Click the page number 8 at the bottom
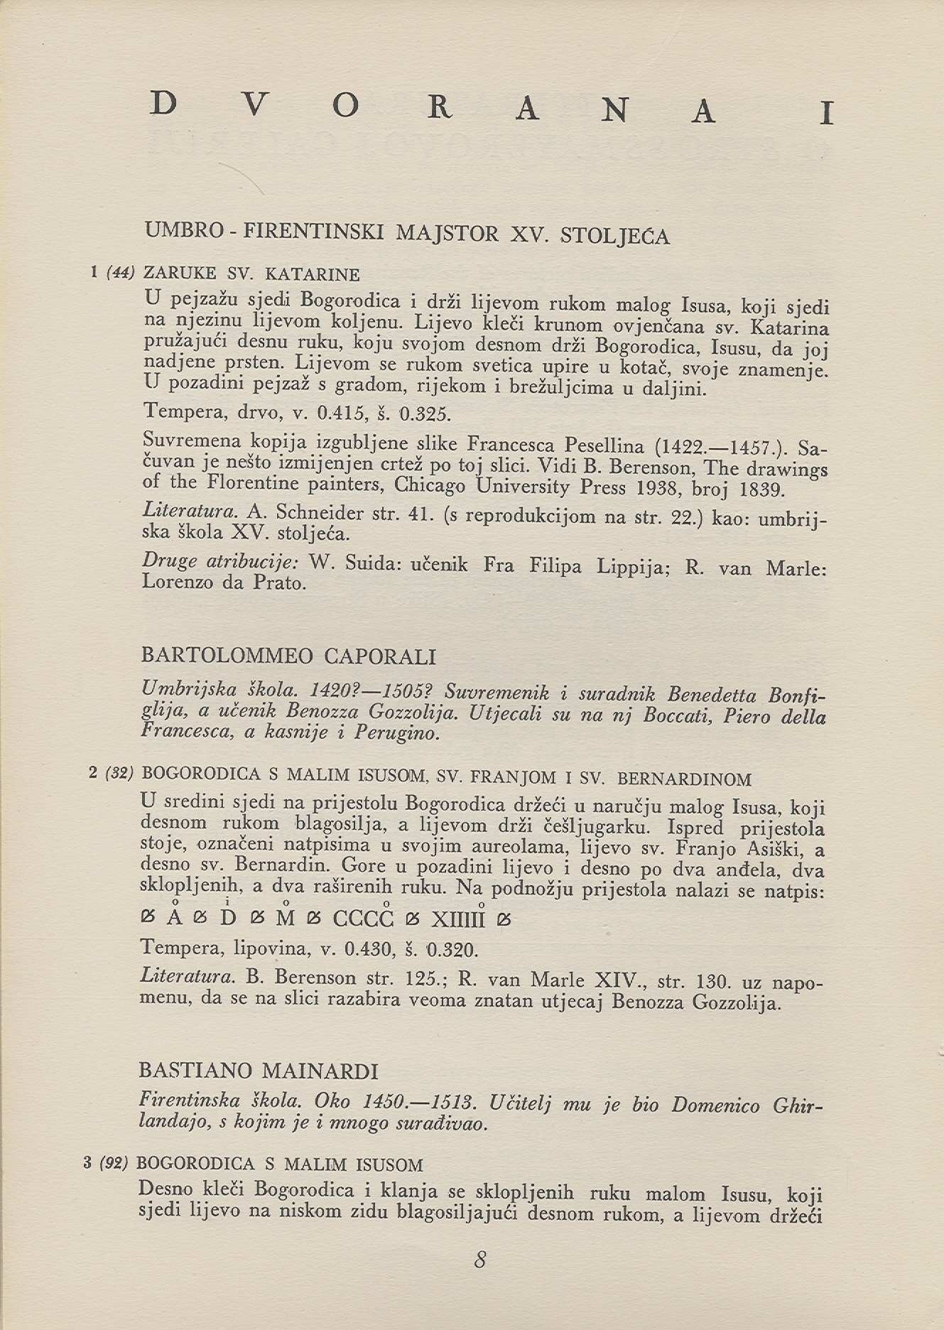pos(479,1260)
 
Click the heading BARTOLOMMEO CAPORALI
pos(288,656)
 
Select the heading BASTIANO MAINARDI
pos(259,1071)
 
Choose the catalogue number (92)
pos(114,1164)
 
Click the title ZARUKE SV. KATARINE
pos(251,274)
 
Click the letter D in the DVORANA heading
pos(164,104)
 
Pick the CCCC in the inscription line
pos(363,919)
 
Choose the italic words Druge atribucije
pos(220,561)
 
